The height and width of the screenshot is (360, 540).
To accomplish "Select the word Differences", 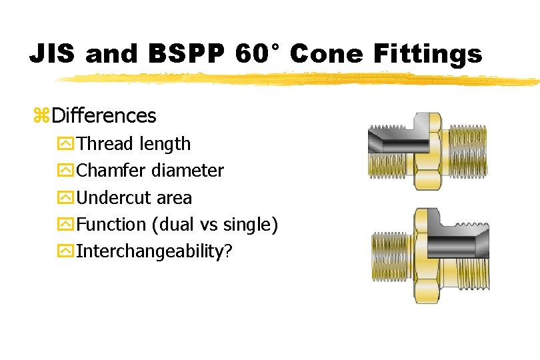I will pyautogui.click(x=104, y=116).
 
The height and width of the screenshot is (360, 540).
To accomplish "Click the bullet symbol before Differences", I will pyautogui.click(x=41, y=117).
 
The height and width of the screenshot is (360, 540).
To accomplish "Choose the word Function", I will pyautogui.click(x=111, y=225).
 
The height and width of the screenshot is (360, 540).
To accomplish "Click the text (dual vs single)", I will pyautogui.click(x=215, y=225).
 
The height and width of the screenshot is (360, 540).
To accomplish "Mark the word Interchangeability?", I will pyautogui.click(x=153, y=251).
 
